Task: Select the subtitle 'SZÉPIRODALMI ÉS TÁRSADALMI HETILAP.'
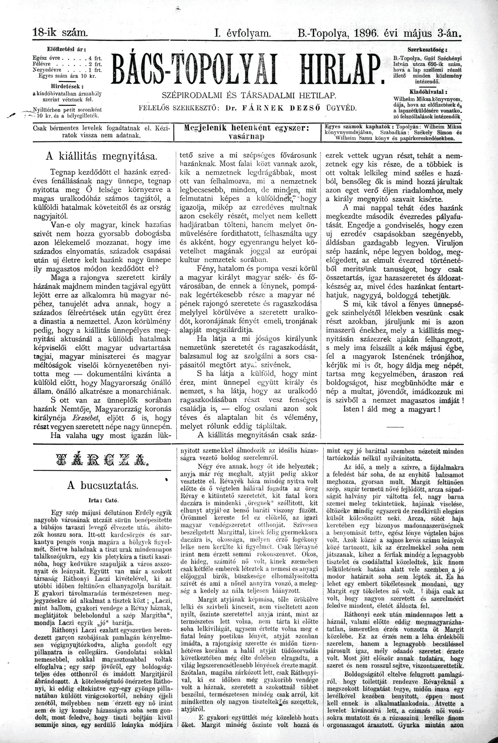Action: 249,95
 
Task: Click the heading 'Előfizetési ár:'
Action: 67,50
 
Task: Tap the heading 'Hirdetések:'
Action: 67,86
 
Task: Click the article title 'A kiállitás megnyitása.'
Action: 101,157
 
